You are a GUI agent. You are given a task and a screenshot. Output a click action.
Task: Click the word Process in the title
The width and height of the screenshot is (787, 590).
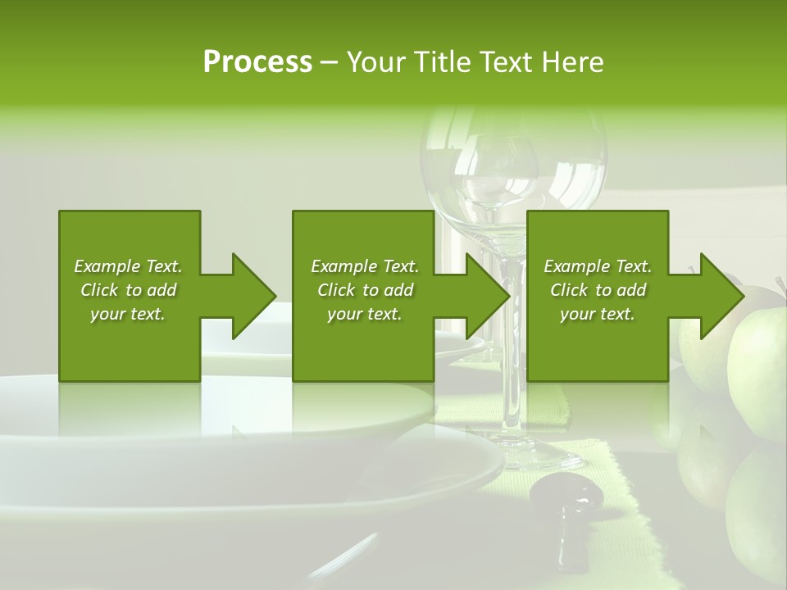click(257, 62)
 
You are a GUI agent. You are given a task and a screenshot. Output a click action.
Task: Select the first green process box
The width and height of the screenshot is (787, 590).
click(129, 344)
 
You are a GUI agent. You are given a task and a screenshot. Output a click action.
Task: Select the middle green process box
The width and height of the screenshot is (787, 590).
click(363, 344)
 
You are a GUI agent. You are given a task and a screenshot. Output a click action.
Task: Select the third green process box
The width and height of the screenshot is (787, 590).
click(597, 344)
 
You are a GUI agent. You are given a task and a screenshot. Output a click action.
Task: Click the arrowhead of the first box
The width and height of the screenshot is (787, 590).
click(251, 296)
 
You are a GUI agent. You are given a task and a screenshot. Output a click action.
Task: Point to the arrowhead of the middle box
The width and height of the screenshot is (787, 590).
click(485, 296)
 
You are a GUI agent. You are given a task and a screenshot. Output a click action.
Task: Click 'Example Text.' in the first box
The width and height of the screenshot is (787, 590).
click(128, 266)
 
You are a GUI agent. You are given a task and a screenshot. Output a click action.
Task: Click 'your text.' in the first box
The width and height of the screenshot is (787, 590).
click(128, 314)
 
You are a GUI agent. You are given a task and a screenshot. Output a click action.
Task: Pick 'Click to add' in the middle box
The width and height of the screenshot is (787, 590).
click(365, 290)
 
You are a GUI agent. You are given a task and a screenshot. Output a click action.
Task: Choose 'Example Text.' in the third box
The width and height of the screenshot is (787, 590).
click(598, 266)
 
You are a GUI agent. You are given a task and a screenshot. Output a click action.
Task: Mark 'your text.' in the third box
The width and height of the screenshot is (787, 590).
click(598, 314)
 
